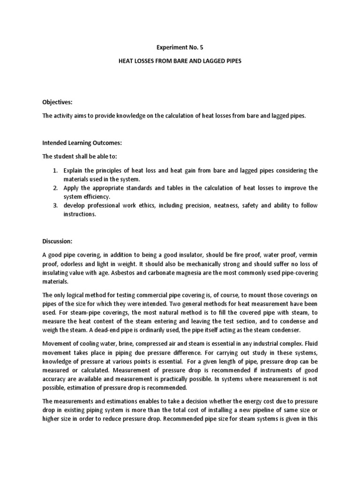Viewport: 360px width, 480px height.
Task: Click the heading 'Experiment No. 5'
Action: click(180, 47)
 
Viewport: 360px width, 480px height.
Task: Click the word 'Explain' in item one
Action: click(74, 170)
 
